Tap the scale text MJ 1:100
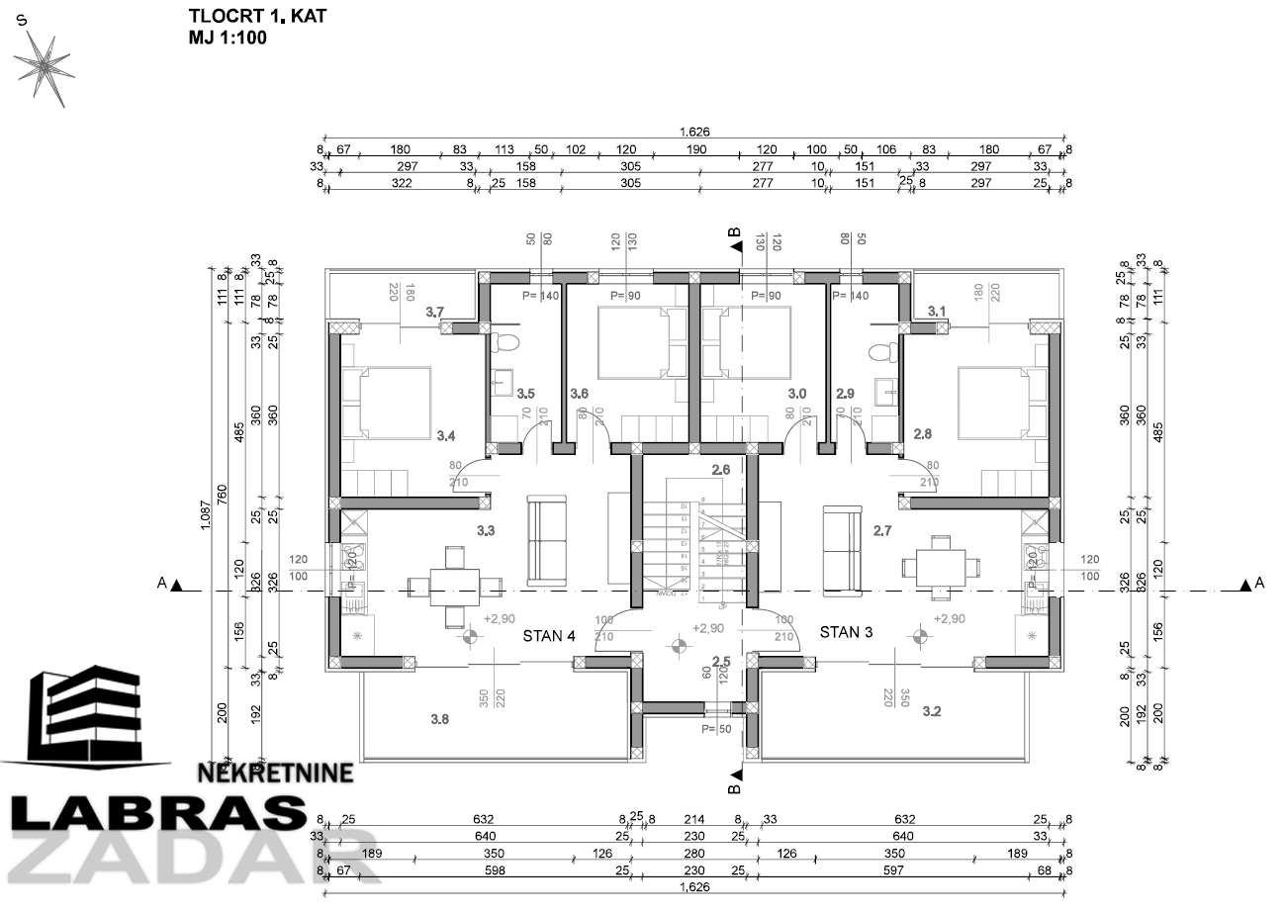(x=228, y=39)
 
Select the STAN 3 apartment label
(x=845, y=632)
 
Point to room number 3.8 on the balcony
(x=439, y=720)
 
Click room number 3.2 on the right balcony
(x=932, y=711)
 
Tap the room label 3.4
(x=446, y=434)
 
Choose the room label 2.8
(x=923, y=433)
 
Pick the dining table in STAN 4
(x=454, y=586)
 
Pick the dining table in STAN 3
(x=941, y=567)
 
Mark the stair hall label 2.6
(x=720, y=470)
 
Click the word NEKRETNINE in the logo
(x=275, y=773)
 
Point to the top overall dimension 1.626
(x=694, y=132)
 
